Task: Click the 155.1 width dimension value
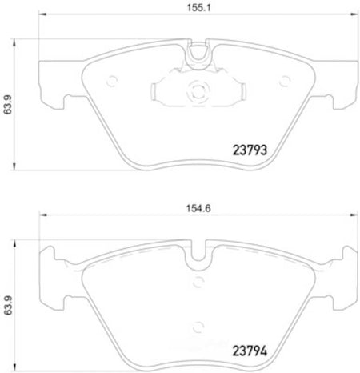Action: (198, 8)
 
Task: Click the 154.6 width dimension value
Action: (198, 208)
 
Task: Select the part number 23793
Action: (250, 150)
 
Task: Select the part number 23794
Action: (250, 351)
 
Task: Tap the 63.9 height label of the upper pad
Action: (8, 104)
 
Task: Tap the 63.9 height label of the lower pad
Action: (8, 305)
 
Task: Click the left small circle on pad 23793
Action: (112, 81)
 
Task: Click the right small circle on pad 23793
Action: (285, 81)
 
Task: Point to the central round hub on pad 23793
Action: (198, 91)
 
